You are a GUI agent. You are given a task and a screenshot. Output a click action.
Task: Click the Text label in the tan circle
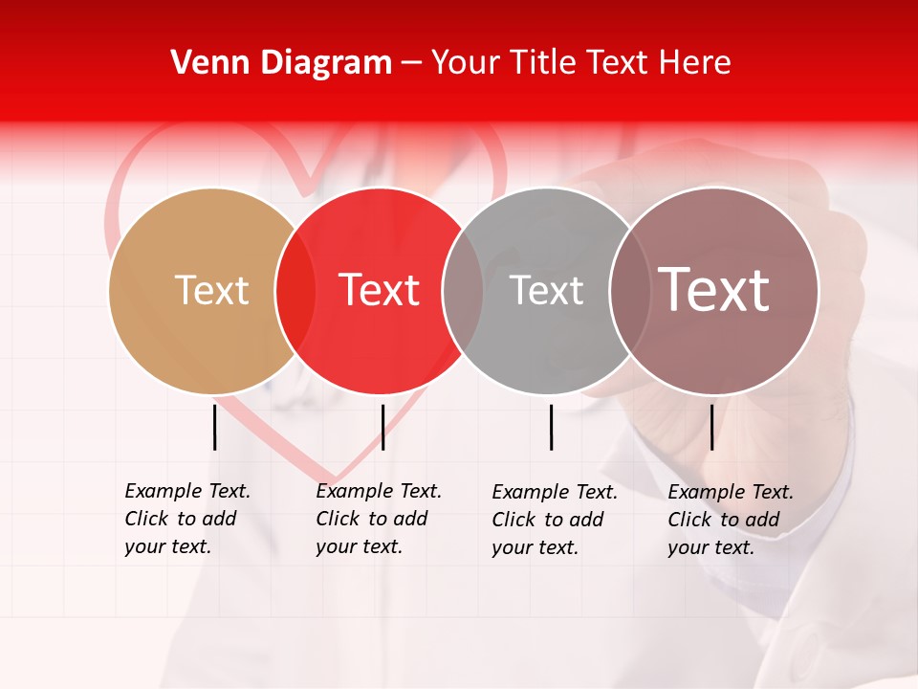pos(211,290)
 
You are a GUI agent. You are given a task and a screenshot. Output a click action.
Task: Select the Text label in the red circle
pos(380,290)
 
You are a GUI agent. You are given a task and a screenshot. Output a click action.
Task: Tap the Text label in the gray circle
pos(546,290)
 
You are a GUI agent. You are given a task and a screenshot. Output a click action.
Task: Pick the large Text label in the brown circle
pos(714,290)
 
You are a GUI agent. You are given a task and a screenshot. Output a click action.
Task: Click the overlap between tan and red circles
pos(295,291)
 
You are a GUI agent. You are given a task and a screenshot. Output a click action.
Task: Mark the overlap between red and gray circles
pos(463,291)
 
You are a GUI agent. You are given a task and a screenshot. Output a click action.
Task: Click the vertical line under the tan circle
pos(214,427)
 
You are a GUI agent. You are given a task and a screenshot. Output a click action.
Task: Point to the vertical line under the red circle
pos(382,427)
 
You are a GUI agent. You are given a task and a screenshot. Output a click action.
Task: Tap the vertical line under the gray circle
pos(551,427)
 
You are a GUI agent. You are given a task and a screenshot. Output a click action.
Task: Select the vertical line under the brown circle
pos(711,427)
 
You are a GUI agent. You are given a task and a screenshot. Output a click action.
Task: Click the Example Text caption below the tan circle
pos(187,519)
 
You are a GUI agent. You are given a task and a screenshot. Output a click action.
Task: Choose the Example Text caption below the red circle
pos(379,519)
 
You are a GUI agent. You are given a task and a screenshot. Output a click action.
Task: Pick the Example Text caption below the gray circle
pos(555,520)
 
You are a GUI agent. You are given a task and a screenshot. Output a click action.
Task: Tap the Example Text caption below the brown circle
pos(731,520)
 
